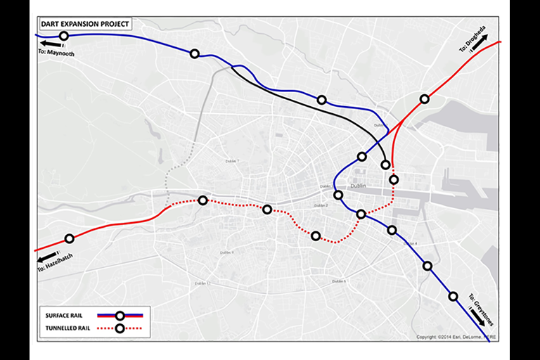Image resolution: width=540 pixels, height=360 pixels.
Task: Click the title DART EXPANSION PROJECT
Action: point(84,23)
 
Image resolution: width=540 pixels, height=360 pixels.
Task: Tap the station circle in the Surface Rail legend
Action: point(120,315)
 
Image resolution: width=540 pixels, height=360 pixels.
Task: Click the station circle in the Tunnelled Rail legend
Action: point(120,328)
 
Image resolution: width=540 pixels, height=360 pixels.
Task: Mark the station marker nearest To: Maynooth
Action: point(64,36)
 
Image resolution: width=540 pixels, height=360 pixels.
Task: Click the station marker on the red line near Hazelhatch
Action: point(69,239)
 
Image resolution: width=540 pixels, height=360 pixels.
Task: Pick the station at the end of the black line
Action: point(385,165)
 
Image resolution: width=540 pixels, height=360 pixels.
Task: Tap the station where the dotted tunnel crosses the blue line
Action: point(361,214)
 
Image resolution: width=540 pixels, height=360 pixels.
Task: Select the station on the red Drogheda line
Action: point(424,99)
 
